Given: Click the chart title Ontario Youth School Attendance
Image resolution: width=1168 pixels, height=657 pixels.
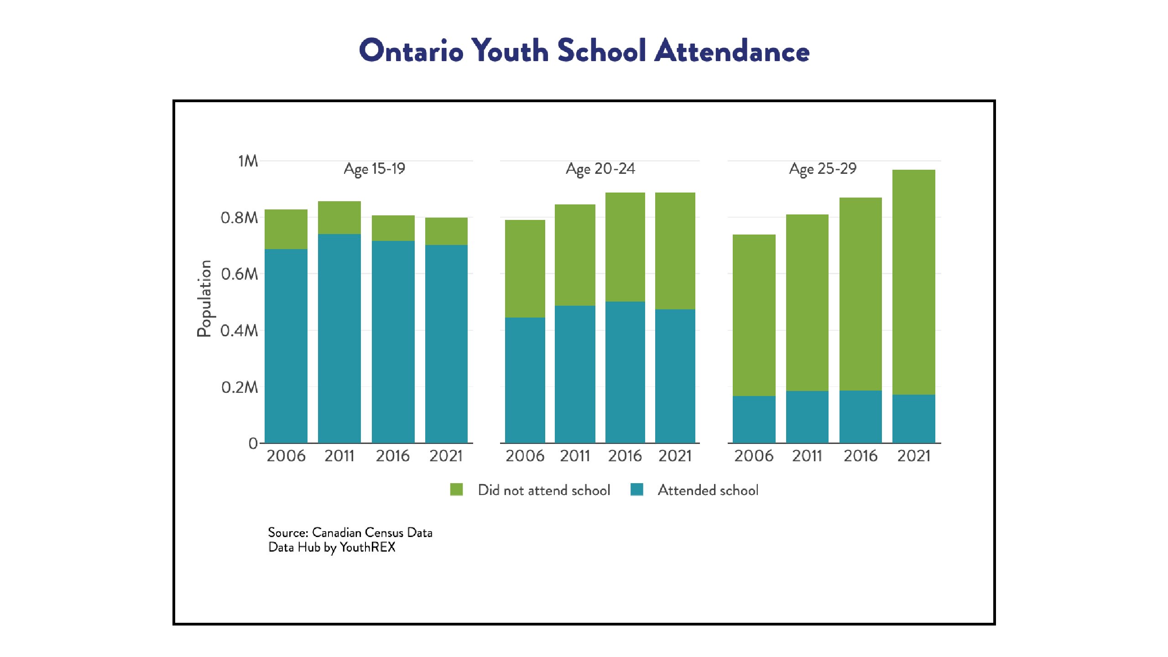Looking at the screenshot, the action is (x=584, y=50).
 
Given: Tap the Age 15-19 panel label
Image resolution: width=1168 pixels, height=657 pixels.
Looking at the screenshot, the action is (x=375, y=169).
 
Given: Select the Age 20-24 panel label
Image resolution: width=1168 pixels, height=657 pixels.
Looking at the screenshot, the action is (x=600, y=169).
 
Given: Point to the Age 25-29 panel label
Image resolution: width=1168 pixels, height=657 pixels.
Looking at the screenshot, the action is (x=823, y=169).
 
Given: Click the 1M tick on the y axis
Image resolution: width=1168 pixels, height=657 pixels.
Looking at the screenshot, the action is (x=248, y=161).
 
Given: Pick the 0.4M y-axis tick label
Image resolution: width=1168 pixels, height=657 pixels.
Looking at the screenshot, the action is (x=240, y=330).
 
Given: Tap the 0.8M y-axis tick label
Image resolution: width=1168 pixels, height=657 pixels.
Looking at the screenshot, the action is (x=240, y=218).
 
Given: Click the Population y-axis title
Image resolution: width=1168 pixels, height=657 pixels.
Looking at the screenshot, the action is (x=204, y=298).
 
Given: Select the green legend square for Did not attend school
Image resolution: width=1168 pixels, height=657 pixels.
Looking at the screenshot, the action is (x=456, y=490).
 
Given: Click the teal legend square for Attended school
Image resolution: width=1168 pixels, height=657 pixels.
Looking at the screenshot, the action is (x=637, y=490).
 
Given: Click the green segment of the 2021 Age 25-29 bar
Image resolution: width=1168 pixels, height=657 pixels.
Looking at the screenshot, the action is (x=914, y=282).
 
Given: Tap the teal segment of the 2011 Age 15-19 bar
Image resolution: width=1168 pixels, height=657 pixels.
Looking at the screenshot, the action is (x=339, y=339).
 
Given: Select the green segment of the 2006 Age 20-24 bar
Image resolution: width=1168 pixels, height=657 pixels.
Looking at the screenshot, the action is (x=525, y=269).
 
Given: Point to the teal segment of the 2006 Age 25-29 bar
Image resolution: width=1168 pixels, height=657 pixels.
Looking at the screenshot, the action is (x=754, y=419).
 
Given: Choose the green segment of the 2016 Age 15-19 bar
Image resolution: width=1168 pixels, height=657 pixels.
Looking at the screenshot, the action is (x=393, y=228).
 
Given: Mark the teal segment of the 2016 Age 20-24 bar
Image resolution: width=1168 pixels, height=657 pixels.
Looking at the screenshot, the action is (x=625, y=372).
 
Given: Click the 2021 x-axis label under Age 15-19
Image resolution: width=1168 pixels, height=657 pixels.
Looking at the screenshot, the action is (x=446, y=456).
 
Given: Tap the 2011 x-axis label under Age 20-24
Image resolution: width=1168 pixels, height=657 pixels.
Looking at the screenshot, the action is (x=575, y=456).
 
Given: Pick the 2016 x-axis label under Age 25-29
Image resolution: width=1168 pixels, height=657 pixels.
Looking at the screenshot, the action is (x=860, y=456).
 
